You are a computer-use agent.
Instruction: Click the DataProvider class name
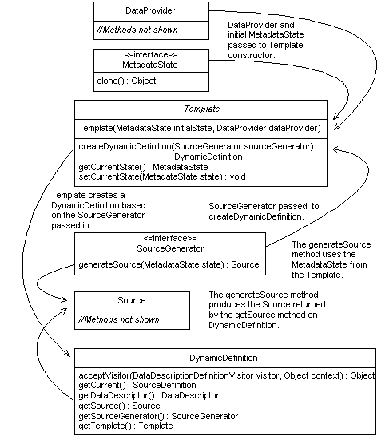(x=151, y=11)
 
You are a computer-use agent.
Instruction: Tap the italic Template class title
(x=201, y=109)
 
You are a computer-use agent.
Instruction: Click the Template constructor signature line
(x=200, y=128)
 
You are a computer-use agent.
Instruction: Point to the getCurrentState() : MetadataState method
(x=132, y=166)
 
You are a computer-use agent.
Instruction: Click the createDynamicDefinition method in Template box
(x=197, y=147)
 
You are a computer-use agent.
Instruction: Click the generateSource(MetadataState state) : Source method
(x=169, y=264)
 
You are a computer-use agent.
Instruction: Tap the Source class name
(x=132, y=300)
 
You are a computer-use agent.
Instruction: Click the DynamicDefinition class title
(x=224, y=359)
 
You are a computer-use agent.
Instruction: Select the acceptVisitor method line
(x=226, y=375)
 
